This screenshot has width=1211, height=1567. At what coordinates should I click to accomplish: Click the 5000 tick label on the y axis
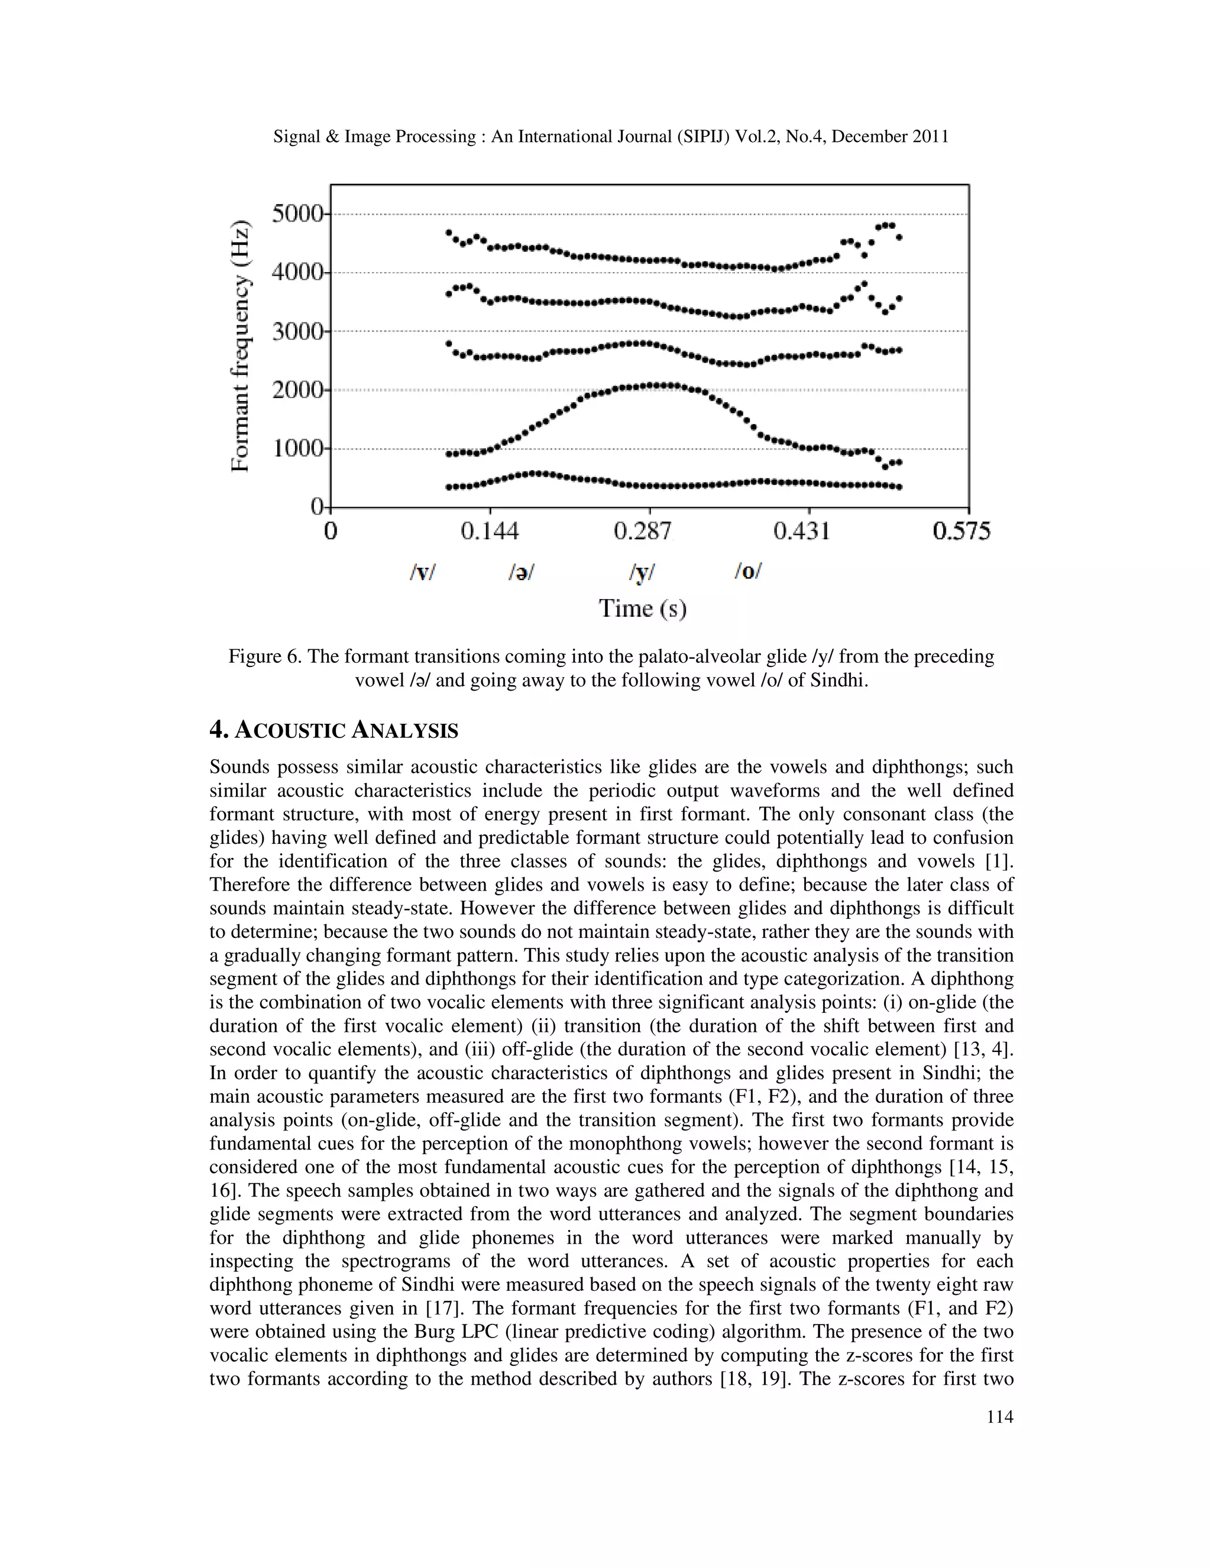click(297, 214)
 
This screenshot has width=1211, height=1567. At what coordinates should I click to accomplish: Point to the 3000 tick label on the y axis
click(297, 332)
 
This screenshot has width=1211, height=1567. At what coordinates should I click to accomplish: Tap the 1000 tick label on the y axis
click(297, 449)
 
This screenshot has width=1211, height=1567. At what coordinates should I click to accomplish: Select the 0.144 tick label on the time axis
click(490, 532)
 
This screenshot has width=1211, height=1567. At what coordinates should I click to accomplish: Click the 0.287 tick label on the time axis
click(643, 532)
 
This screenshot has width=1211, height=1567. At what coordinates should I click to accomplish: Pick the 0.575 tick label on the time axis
click(961, 532)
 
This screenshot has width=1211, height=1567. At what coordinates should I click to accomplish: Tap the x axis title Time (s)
click(643, 608)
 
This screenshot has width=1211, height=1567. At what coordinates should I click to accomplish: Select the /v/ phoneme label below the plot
click(423, 572)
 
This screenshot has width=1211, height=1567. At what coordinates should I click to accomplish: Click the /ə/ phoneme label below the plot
click(522, 572)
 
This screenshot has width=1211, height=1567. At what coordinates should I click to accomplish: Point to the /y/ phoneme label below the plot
click(642, 572)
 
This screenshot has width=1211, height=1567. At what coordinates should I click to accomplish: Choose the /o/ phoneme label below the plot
click(747, 571)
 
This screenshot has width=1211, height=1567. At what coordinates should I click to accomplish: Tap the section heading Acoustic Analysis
click(333, 730)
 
